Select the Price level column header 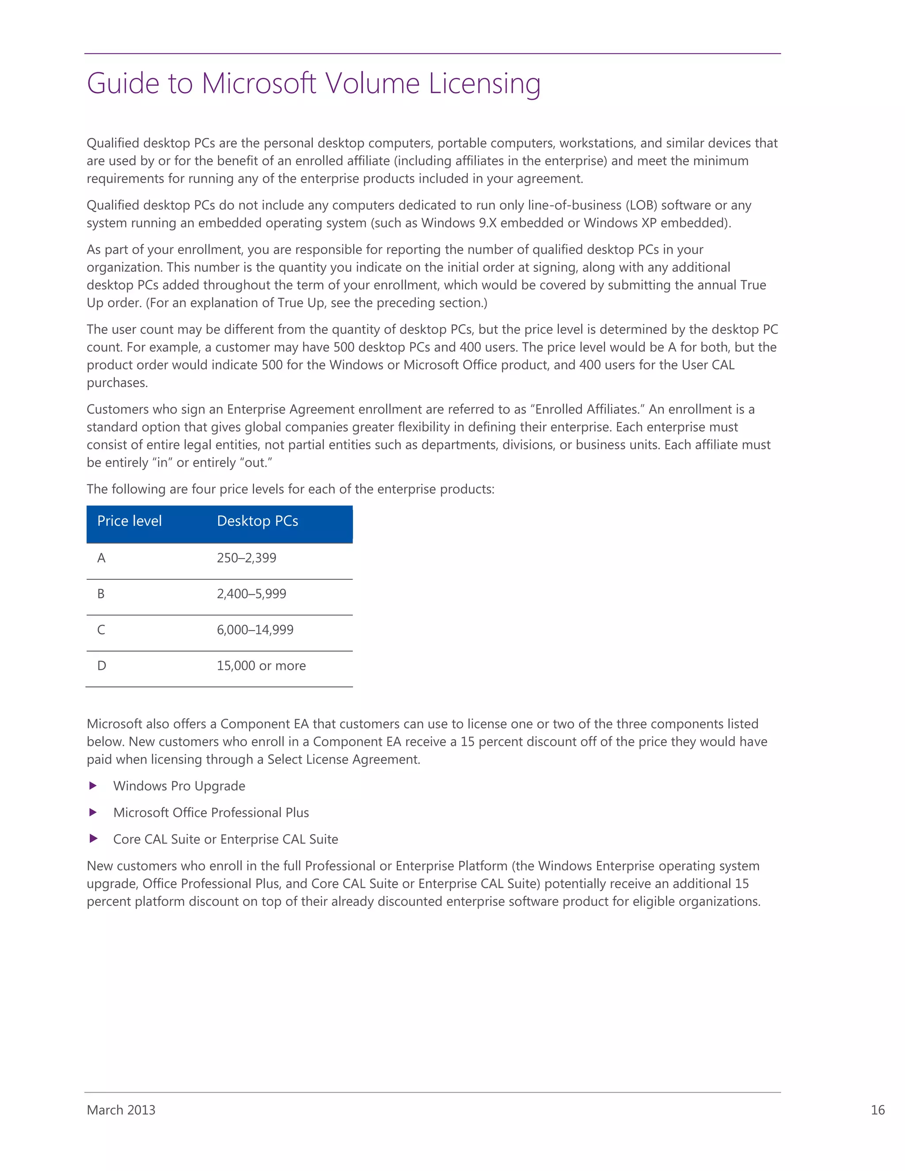click(129, 521)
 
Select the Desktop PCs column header click(257, 521)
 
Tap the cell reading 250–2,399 click(246, 558)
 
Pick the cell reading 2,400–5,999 click(251, 594)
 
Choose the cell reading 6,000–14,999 click(255, 630)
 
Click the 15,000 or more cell click(261, 666)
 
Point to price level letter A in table click(101, 558)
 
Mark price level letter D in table click(101, 666)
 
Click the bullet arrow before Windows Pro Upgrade click(93, 786)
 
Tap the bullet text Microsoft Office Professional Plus click(211, 813)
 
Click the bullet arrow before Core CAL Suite click(93, 839)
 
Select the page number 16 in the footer click(877, 1110)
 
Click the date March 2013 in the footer click(121, 1110)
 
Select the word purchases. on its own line click(117, 383)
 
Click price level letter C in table click(101, 630)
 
